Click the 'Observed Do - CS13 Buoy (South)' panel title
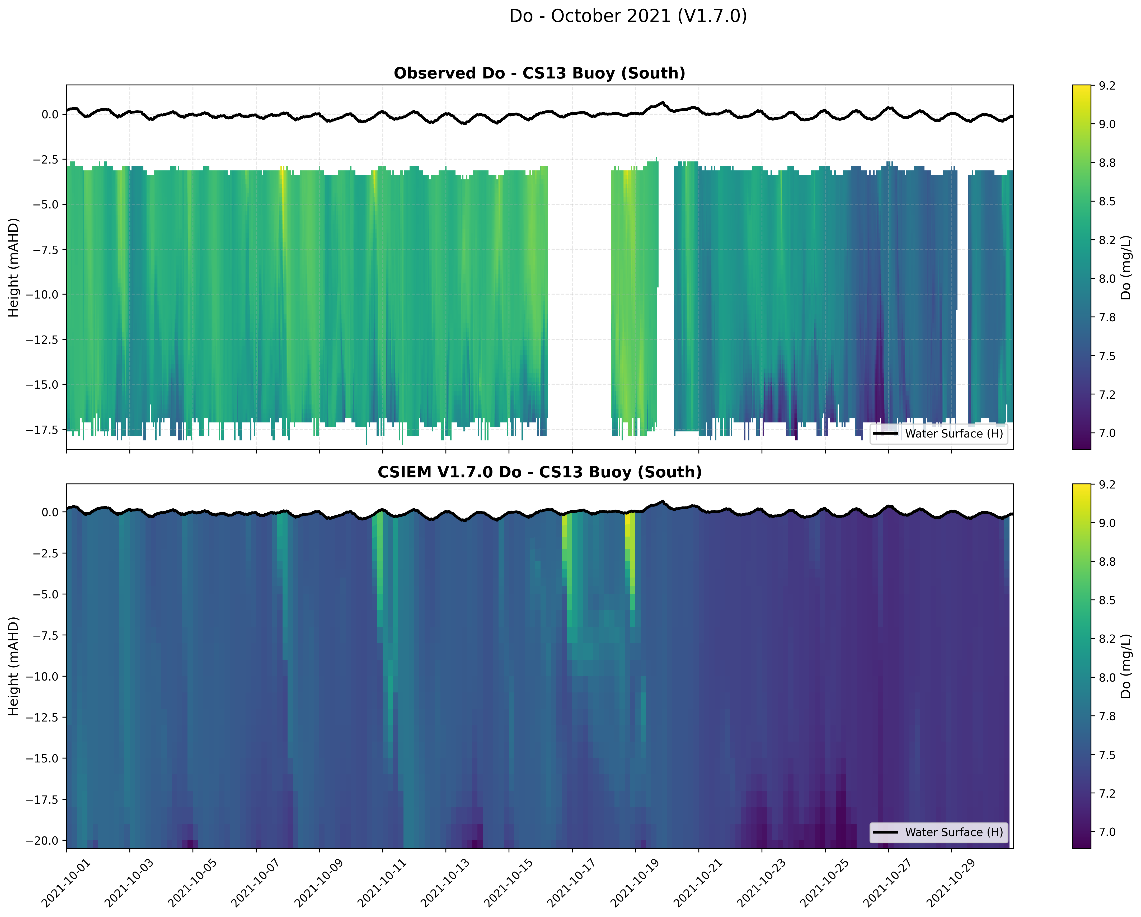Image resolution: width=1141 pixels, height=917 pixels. point(539,73)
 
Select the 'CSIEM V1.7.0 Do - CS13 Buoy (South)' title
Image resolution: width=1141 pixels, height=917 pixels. point(539,472)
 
